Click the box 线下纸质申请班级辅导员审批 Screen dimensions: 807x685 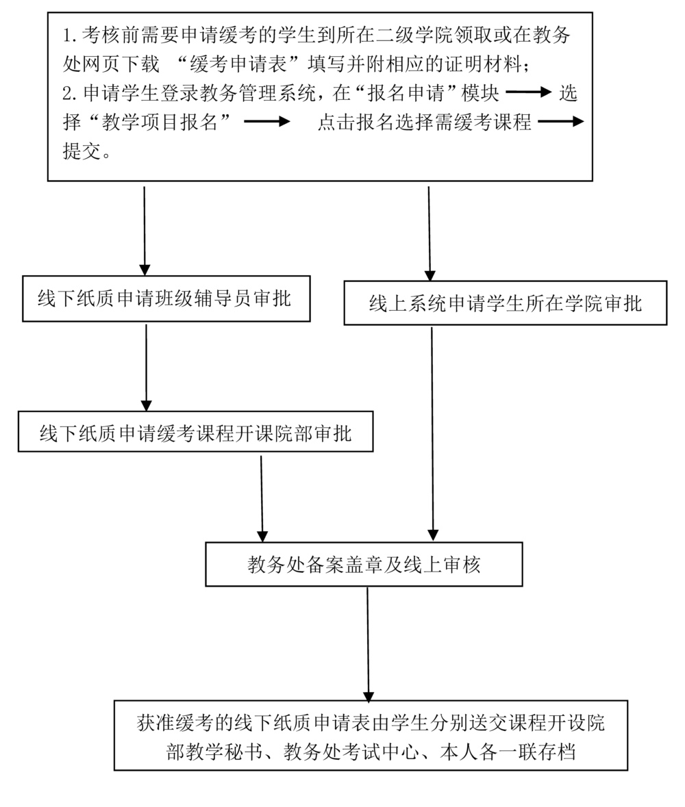pos(166,298)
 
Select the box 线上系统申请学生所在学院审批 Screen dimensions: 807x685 pos(505,303)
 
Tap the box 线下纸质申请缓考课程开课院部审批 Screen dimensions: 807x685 pos(195,432)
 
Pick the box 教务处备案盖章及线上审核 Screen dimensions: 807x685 pos(364,565)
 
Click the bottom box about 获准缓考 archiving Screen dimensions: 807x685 pos(371,735)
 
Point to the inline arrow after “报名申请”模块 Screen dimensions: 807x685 pos(528,92)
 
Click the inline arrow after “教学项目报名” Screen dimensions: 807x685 pos(267,122)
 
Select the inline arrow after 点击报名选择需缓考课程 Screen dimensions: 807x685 pos(561,122)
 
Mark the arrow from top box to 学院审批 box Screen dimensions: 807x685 pos(429,233)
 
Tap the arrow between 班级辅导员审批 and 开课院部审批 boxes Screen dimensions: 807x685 pos(146,367)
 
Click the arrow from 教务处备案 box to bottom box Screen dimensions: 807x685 pos(368,643)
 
